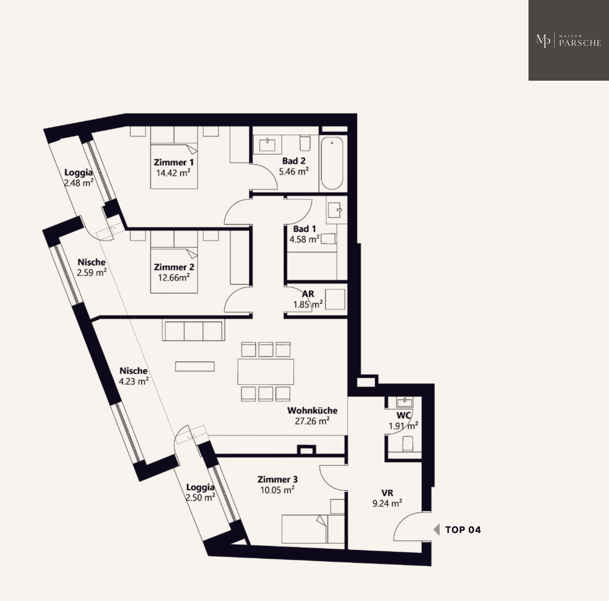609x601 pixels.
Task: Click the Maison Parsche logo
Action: pos(569,40)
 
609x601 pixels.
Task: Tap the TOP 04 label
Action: pos(463,530)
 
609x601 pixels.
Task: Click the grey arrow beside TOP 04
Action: pos(437,530)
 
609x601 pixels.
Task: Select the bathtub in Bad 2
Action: pos(332,163)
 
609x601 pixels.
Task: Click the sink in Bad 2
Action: pos(267,144)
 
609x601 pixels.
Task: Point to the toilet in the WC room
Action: pos(407,444)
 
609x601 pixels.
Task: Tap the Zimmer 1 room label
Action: pos(174,162)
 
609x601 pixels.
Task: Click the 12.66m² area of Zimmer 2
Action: pos(174,278)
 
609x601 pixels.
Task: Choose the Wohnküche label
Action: pos(312,410)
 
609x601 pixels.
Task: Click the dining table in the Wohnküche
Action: pos(266,372)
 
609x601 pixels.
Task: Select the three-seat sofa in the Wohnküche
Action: pos(193,330)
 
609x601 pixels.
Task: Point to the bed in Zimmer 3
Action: pos(313,529)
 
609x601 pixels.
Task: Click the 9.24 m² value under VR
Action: pos(387,503)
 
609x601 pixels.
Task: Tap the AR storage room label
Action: pos(308,294)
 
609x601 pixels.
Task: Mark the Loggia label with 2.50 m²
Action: pos(200,487)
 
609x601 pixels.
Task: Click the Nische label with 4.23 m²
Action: pos(133,371)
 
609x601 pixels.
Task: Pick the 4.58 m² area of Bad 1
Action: pos(304,239)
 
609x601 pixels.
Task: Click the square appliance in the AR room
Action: pos(335,299)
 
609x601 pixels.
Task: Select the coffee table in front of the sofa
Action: pos(194,366)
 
